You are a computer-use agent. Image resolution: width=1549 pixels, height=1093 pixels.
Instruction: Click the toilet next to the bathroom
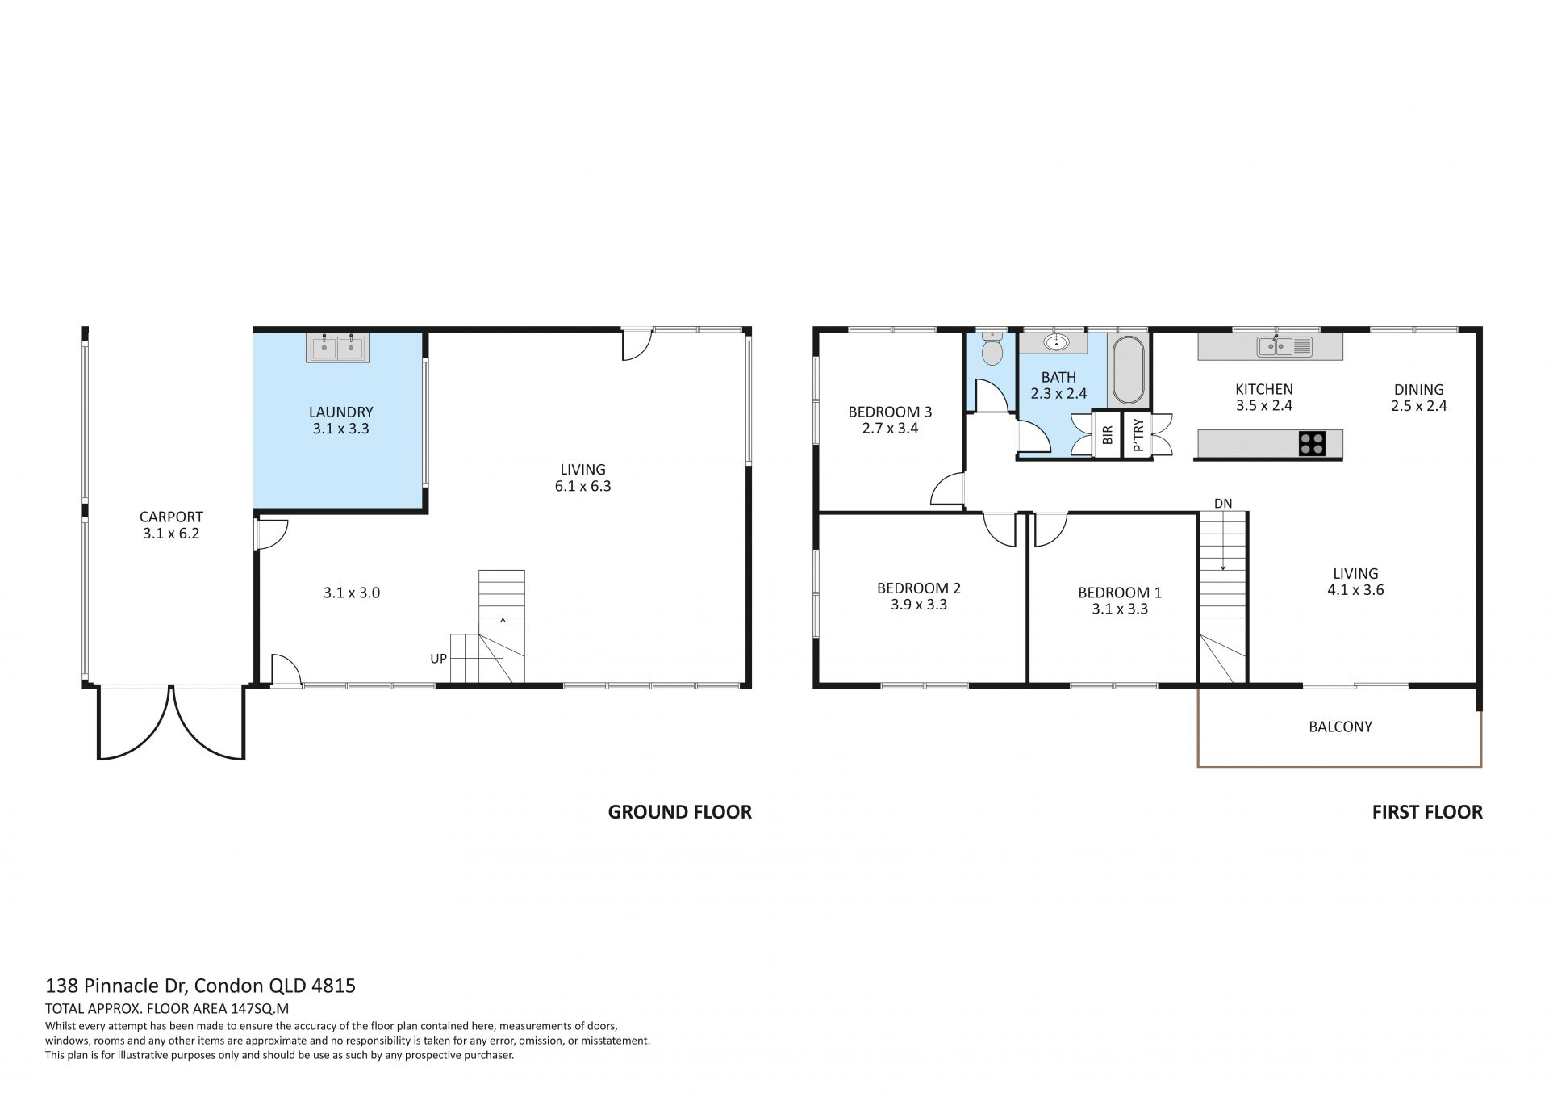(992, 350)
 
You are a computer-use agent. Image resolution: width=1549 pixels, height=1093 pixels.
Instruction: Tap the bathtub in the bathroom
(1127, 371)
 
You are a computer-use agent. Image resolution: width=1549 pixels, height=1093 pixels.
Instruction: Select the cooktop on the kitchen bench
(1311, 443)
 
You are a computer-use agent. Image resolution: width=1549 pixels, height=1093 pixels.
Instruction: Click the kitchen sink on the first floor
(1284, 346)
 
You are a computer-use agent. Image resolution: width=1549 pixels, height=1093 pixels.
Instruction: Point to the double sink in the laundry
(337, 348)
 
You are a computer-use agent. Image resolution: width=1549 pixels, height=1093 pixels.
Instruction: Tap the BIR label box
(1107, 435)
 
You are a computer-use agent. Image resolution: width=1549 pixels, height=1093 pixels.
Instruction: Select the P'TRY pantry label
(1138, 435)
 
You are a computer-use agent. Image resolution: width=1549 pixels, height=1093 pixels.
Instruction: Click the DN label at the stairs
(1223, 504)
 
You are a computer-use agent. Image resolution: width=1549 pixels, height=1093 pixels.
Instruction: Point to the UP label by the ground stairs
(438, 659)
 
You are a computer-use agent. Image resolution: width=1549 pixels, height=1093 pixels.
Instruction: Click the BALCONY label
(1340, 727)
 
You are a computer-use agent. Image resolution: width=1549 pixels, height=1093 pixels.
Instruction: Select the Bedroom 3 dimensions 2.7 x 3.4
(890, 429)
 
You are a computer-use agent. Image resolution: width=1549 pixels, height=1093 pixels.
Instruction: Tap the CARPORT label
(171, 517)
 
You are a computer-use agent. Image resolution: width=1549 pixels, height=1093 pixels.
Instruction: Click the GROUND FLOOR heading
(679, 812)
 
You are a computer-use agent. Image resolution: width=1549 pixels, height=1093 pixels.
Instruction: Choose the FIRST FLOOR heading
(1427, 812)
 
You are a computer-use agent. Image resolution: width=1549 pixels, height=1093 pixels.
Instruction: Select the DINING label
(1418, 389)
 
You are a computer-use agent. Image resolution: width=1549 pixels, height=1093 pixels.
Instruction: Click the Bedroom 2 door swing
(1000, 530)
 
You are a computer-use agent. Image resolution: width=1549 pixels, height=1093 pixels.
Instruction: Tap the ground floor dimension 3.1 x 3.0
(351, 593)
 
